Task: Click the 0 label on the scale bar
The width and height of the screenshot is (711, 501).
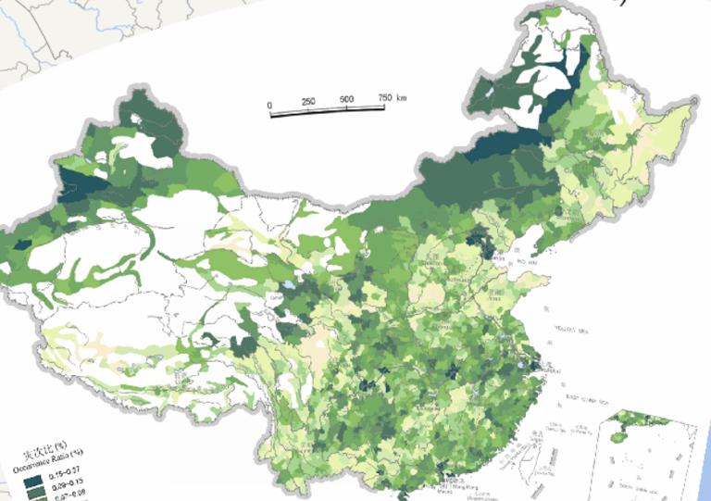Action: point(269,105)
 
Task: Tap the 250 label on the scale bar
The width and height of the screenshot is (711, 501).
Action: point(308,101)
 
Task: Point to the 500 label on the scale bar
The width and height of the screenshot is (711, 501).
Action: point(346,98)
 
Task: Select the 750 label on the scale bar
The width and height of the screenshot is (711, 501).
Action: point(383,96)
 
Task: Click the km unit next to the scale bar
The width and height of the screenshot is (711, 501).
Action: point(402,96)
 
